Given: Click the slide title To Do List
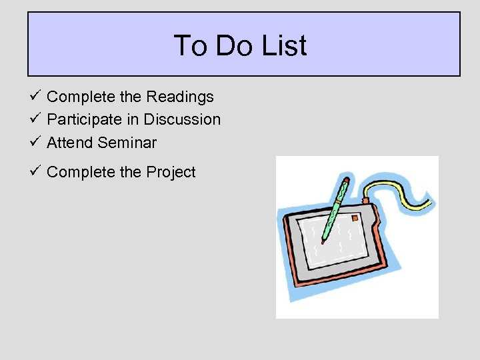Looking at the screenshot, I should pos(240,46).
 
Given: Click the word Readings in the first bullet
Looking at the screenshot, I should pos(180,97).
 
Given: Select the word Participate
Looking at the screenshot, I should pos(80,120).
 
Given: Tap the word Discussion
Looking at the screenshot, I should pos(182,120).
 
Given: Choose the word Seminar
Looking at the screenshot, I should pos(127,143).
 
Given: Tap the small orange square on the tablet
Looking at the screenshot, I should pos(355,218).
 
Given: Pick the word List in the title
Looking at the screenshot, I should pos(285,46).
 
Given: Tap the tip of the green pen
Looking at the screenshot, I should pos(323,242).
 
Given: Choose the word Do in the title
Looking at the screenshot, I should pos(233,46).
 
